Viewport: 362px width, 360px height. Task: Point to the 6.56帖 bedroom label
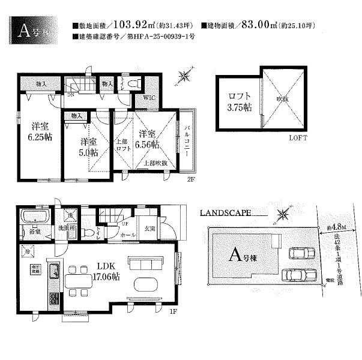click(147, 140)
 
